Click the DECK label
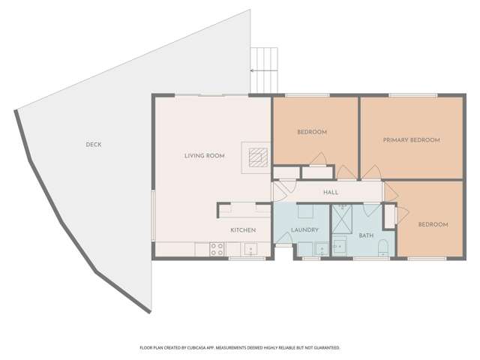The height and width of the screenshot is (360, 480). click(x=93, y=145)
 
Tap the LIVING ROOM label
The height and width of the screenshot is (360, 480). click(x=205, y=156)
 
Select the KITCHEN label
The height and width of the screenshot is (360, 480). click(x=243, y=230)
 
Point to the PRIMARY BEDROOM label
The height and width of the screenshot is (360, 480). click(x=412, y=140)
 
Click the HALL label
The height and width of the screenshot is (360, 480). click(x=331, y=192)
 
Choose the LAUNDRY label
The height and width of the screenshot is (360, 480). click(x=304, y=230)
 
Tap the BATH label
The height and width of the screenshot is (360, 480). click(x=366, y=235)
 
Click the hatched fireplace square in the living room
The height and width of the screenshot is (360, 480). click(x=258, y=157)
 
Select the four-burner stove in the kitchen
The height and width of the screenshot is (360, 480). click(x=217, y=249)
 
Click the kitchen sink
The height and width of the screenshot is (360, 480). click(x=250, y=248)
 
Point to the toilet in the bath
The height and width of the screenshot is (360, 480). click(x=383, y=248)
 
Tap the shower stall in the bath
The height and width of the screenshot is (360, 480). click(x=342, y=219)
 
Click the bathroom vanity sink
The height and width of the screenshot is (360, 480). click(x=340, y=246)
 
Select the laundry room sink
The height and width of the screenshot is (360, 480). click(x=322, y=248)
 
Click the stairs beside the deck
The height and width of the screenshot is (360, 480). click(x=264, y=70)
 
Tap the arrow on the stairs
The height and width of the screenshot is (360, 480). click(x=264, y=70)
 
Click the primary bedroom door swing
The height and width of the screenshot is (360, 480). click(x=372, y=172)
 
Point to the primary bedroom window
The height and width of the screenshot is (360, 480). click(x=413, y=95)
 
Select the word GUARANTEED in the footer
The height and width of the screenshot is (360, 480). click(x=328, y=348)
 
